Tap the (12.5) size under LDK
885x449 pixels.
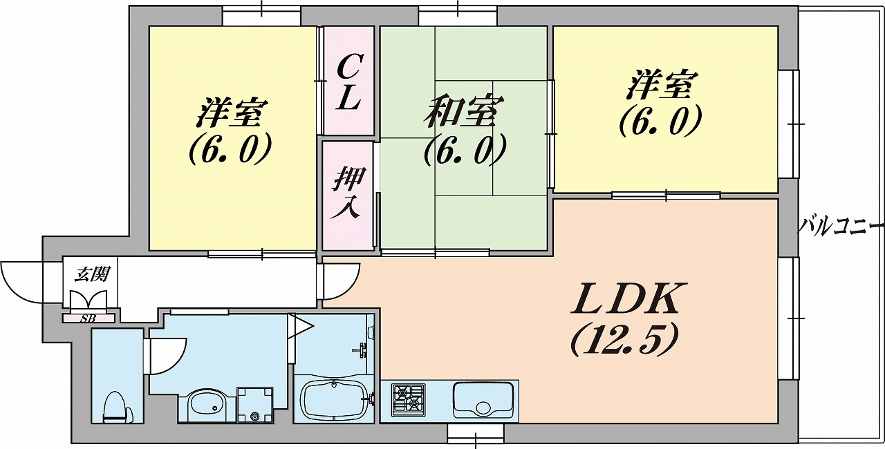click(622, 340)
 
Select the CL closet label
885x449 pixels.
click(349, 82)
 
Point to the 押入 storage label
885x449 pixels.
click(347, 194)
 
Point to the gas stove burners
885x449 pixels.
click(408, 400)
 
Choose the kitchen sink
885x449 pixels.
click(483, 399)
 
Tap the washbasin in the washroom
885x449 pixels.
click(207, 405)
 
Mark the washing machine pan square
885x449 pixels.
click(255, 404)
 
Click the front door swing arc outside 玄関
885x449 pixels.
click(21, 282)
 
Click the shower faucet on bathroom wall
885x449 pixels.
click(362, 349)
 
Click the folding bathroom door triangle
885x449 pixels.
click(300, 326)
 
